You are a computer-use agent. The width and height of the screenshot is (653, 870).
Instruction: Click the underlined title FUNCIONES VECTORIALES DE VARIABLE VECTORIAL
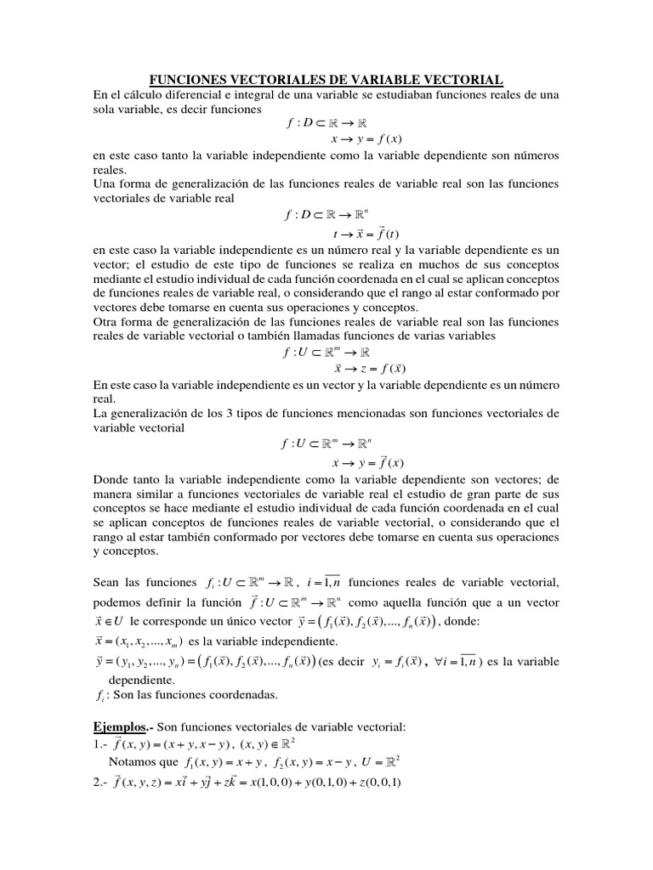326,79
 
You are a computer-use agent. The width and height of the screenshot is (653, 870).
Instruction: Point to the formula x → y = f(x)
366,139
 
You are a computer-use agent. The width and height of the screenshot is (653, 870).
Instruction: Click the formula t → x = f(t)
367,234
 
